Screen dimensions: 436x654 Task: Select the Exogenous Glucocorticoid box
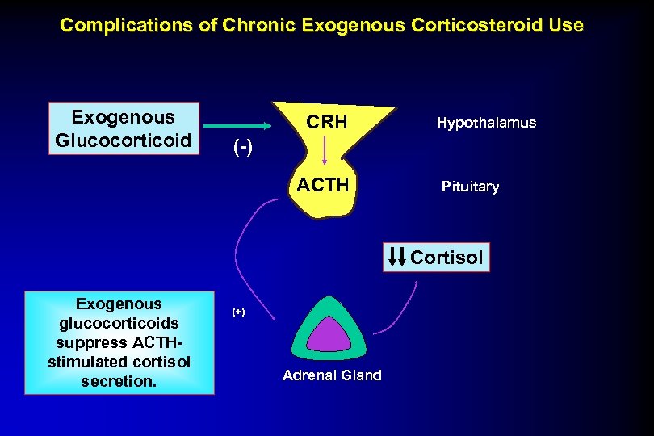pyautogui.click(x=124, y=128)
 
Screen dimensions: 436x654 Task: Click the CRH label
pyautogui.click(x=328, y=123)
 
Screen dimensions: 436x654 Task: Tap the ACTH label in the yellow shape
pyautogui.click(x=323, y=186)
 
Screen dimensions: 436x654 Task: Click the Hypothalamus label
pyautogui.click(x=486, y=123)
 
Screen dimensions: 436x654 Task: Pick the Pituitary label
pyautogui.click(x=470, y=187)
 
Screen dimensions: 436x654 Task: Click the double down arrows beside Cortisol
pyautogui.click(x=398, y=258)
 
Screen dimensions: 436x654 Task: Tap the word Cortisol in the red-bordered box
pyautogui.click(x=447, y=258)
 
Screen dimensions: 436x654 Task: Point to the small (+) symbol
pyautogui.click(x=238, y=312)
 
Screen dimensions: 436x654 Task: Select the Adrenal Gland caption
pyautogui.click(x=333, y=375)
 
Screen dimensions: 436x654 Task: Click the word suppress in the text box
pyautogui.click(x=103, y=342)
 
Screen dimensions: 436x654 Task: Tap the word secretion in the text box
pyautogui.click(x=118, y=380)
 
